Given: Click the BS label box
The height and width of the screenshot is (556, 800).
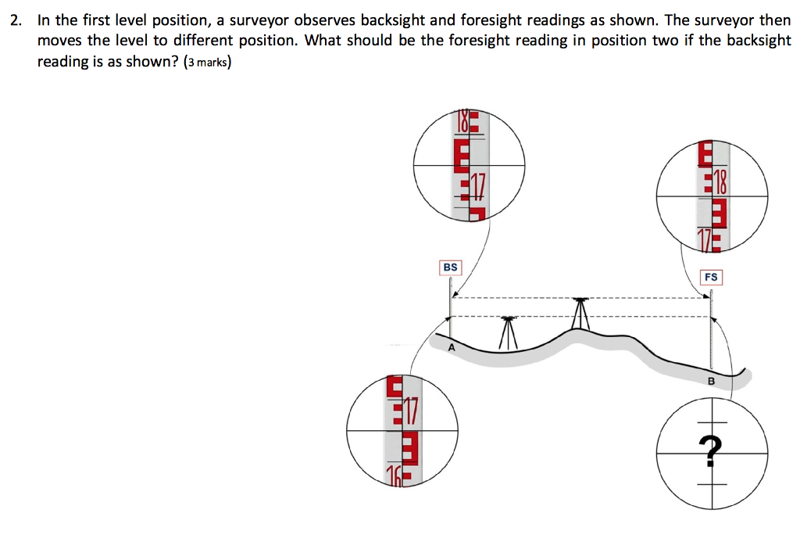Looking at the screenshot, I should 450,267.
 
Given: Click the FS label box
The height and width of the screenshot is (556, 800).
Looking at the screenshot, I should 711,277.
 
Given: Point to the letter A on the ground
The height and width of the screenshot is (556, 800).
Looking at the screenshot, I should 451,349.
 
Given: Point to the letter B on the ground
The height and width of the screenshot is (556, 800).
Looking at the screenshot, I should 711,382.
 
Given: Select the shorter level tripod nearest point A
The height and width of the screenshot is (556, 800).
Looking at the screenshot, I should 509,333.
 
